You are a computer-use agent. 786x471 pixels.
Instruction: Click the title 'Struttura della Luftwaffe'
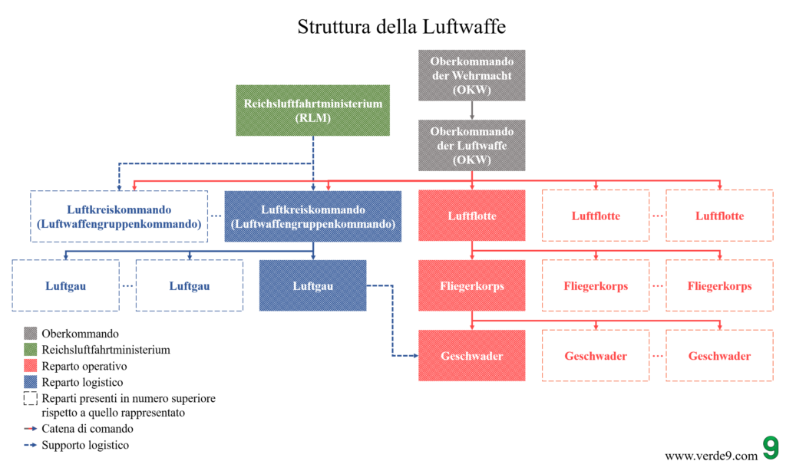pos(401,26)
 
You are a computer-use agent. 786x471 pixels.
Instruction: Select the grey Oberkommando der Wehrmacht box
pos(471,75)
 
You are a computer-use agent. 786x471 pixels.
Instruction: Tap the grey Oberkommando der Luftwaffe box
pos(471,145)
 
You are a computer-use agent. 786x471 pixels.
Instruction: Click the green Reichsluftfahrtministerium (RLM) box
pos(312,110)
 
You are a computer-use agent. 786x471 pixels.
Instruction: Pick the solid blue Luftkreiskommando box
pos(312,216)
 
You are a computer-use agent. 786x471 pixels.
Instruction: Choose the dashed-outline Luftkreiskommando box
pos(119,216)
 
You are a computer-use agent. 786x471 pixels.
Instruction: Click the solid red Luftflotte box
pos(471,216)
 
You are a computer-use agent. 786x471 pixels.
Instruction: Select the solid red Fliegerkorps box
pos(471,286)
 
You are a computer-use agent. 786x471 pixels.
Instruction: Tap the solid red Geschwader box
pos(471,356)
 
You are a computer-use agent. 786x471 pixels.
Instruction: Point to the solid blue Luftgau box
pos(312,286)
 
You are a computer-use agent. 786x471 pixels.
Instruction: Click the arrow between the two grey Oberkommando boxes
pos(471,110)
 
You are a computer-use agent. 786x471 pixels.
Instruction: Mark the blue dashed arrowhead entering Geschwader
pos(414,356)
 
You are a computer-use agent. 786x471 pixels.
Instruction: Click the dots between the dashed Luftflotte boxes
pos(657,216)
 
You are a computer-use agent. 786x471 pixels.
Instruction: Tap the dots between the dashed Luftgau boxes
pos(127,286)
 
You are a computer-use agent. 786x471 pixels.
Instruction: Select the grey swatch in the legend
pos(31,334)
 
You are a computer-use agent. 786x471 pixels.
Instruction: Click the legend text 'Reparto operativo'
pos(84,367)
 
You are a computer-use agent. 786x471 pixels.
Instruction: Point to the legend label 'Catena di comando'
pos(88,429)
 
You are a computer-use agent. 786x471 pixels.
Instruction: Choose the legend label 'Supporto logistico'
pos(85,445)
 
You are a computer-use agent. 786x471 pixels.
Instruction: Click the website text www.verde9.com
pos(711,456)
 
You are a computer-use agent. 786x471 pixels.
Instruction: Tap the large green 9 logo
pos(770,449)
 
